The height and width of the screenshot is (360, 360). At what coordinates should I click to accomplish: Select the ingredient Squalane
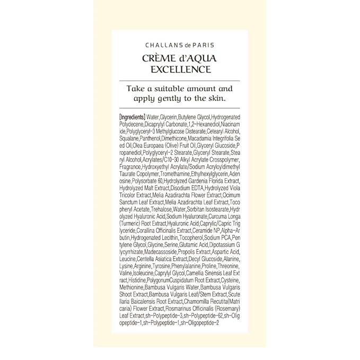coord(131,139)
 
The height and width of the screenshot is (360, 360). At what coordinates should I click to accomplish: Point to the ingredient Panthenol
coord(155,139)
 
